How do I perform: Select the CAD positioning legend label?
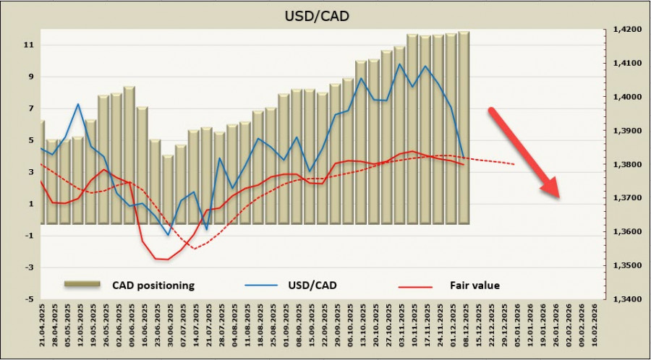tap(153, 285)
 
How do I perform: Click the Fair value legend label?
tap(475, 285)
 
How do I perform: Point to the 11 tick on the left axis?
tap(28, 45)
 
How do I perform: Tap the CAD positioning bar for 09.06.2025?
tap(129, 155)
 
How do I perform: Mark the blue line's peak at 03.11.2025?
tap(399, 64)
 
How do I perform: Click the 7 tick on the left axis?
tap(30, 108)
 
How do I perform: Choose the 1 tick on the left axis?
tap(30, 204)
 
